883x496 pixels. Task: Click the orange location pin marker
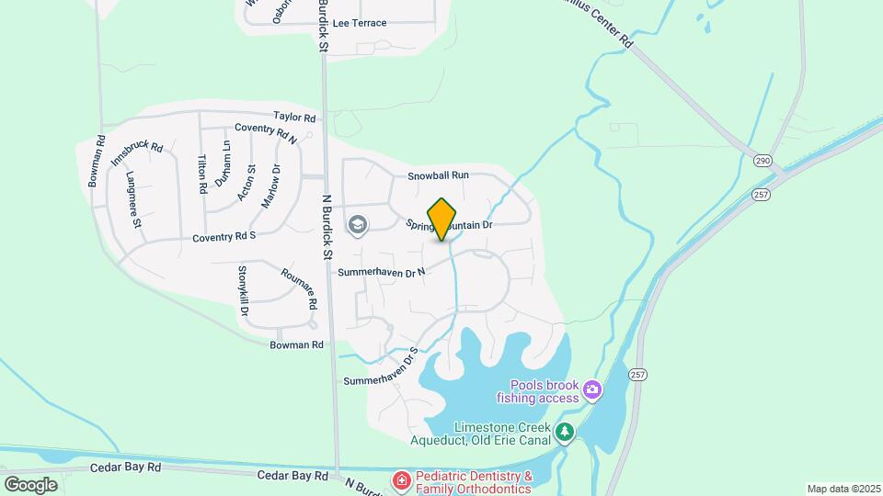point(442,220)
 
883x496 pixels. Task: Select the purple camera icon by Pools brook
point(592,390)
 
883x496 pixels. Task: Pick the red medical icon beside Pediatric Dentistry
point(401,479)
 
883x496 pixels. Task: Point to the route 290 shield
point(763,161)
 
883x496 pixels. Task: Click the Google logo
point(31,484)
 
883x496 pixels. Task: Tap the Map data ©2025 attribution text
point(843,489)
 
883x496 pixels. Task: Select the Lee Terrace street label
point(360,23)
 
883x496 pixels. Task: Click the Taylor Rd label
point(295,118)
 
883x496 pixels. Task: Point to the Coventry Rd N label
point(266,134)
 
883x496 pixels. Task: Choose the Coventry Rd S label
point(224,237)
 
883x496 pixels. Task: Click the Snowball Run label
point(439,175)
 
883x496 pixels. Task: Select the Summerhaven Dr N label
point(382,272)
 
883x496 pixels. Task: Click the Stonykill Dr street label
point(244,291)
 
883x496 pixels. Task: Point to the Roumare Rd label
point(299,288)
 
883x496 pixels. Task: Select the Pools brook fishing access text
point(539,391)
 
